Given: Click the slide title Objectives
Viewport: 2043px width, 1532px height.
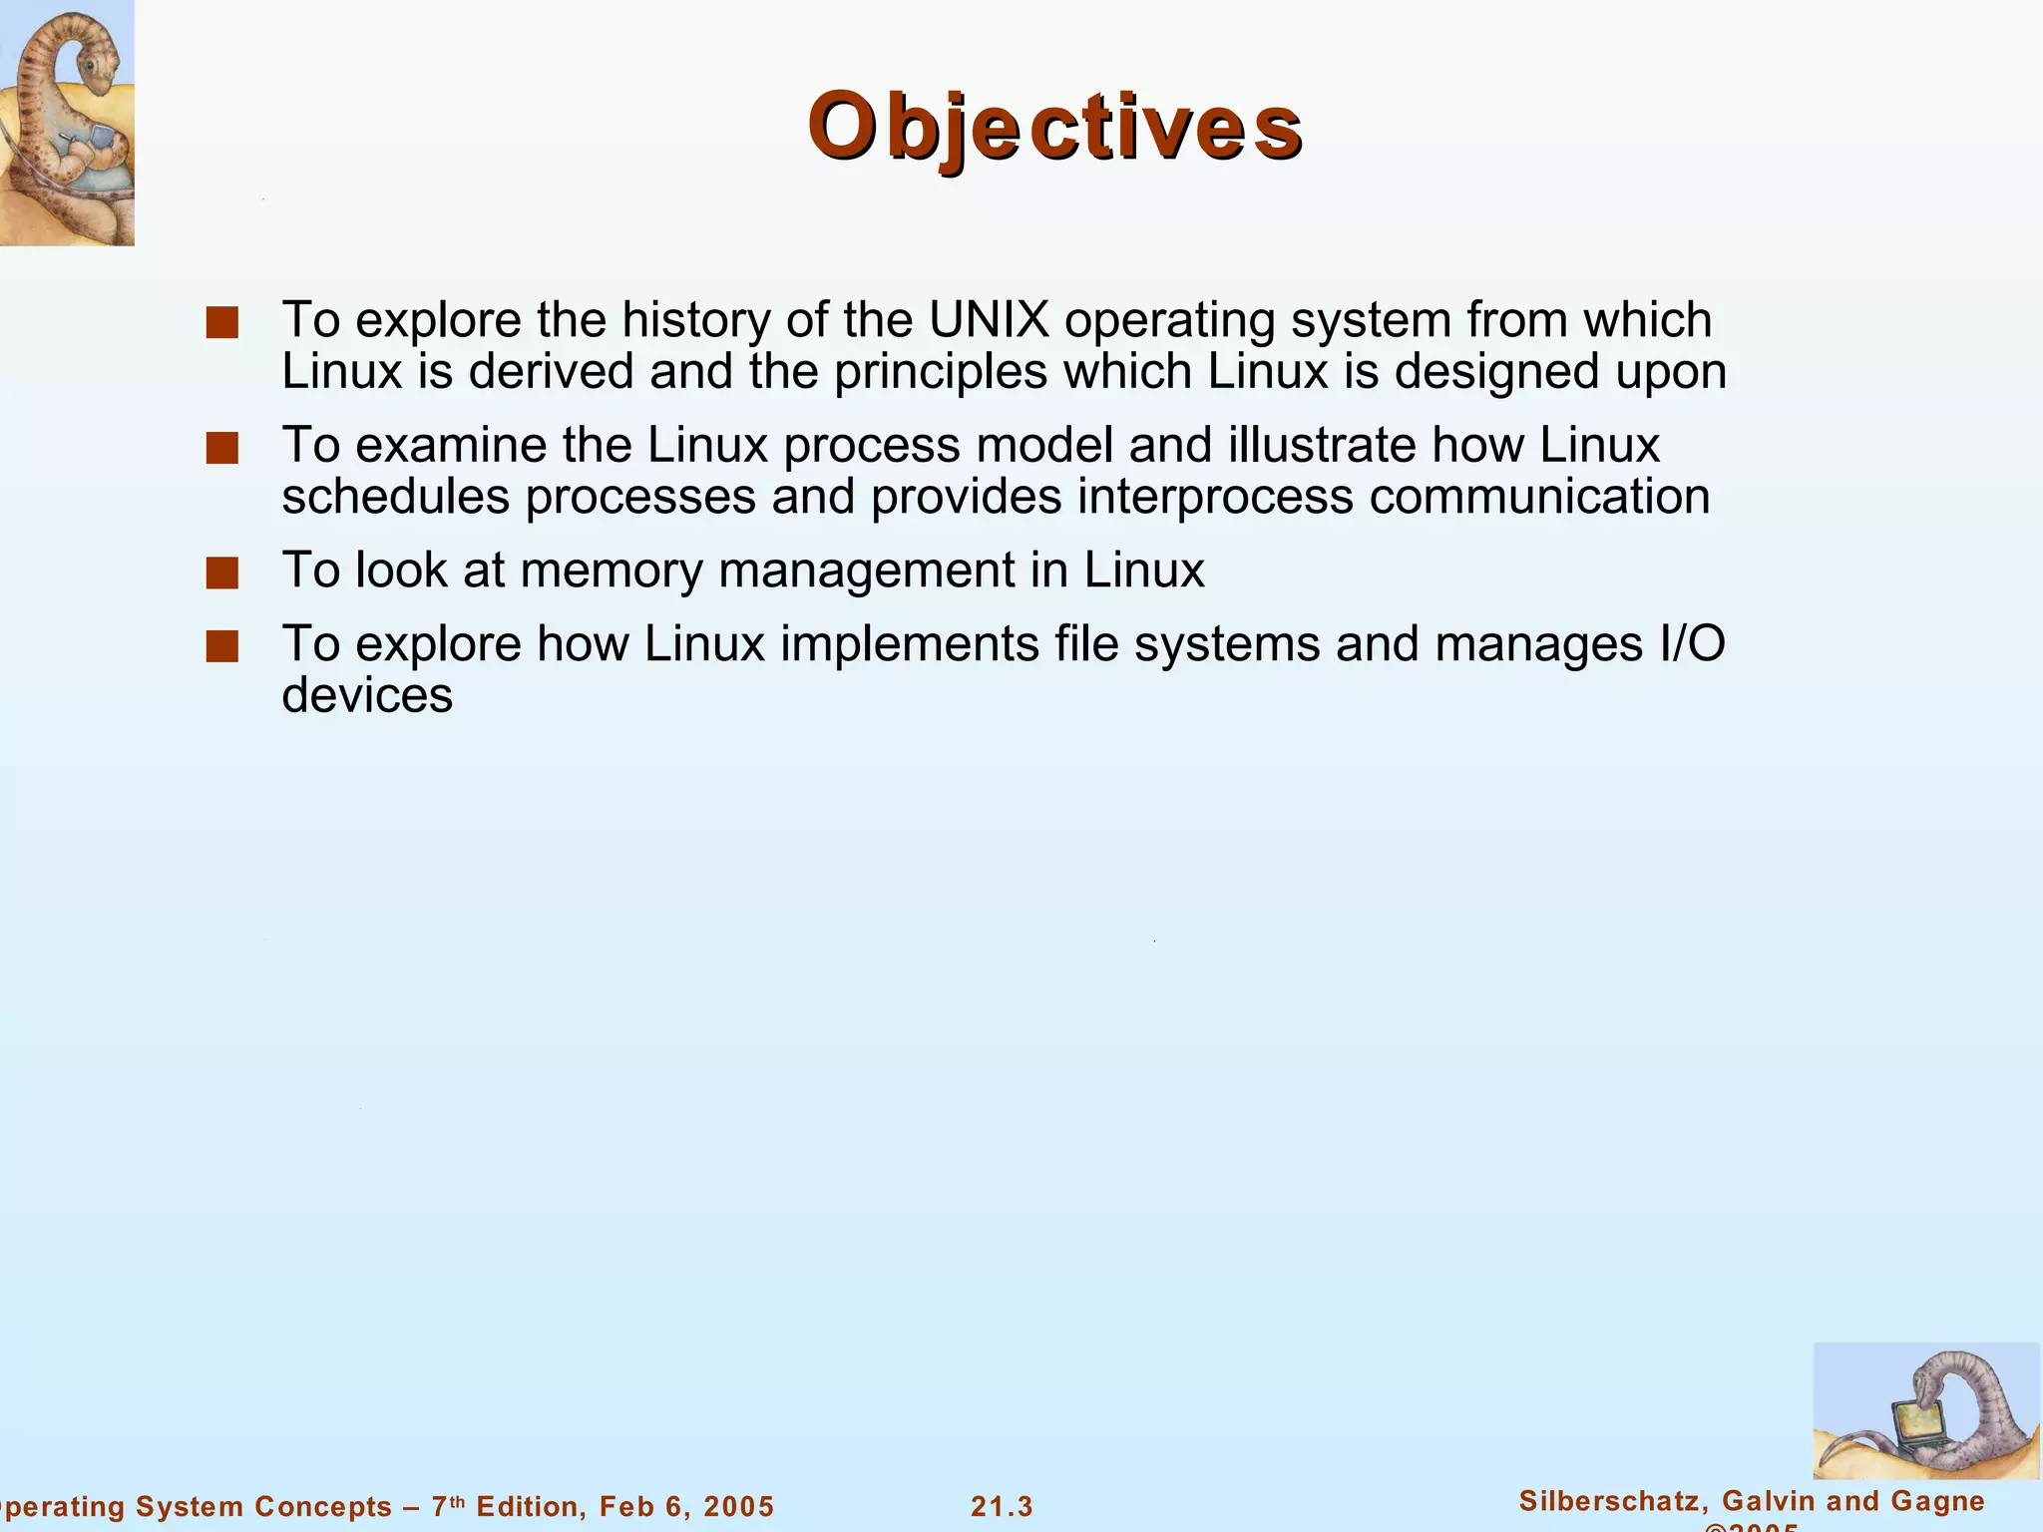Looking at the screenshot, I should click(1054, 128).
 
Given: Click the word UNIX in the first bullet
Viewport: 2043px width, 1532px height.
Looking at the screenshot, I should click(989, 320).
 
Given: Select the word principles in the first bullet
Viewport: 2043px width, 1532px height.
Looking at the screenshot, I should click(941, 372).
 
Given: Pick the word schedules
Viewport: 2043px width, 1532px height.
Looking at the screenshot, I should click(395, 497).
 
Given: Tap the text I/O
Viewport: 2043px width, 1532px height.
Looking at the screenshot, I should click(1693, 644).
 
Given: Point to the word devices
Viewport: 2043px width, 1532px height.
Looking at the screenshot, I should click(367, 696).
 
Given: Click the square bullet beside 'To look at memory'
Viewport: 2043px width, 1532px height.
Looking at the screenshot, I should click(221, 574).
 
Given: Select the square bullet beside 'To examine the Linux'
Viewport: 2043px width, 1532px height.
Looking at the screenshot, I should click(221, 449).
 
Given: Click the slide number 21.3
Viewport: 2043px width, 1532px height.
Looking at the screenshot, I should click(1002, 1506).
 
